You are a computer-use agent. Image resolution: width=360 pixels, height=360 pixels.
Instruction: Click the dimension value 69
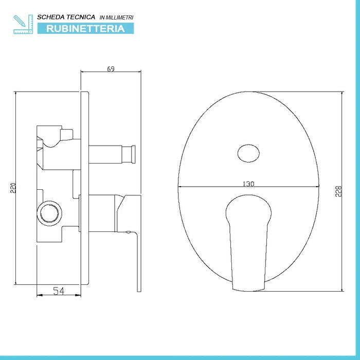coord(111,69)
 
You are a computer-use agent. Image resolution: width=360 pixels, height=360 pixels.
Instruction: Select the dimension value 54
coord(59,291)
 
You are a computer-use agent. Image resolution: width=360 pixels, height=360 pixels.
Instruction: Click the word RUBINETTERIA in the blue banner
coord(86,28)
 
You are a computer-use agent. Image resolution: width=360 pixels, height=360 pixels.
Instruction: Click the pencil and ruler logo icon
coord(22,24)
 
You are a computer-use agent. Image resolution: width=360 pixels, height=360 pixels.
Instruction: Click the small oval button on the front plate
coord(249,153)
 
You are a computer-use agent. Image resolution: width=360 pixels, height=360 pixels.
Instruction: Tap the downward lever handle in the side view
coord(137,262)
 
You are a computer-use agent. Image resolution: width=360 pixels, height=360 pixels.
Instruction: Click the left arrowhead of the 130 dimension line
coord(181,186)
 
